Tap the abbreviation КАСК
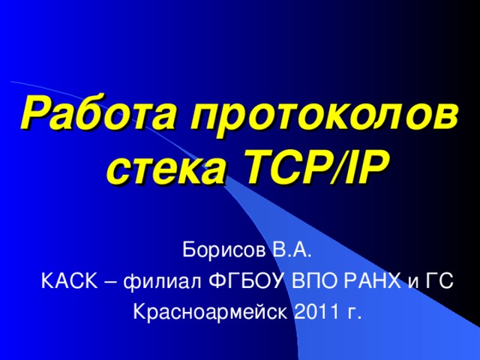[x=67, y=280]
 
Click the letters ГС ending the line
[x=440, y=280]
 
